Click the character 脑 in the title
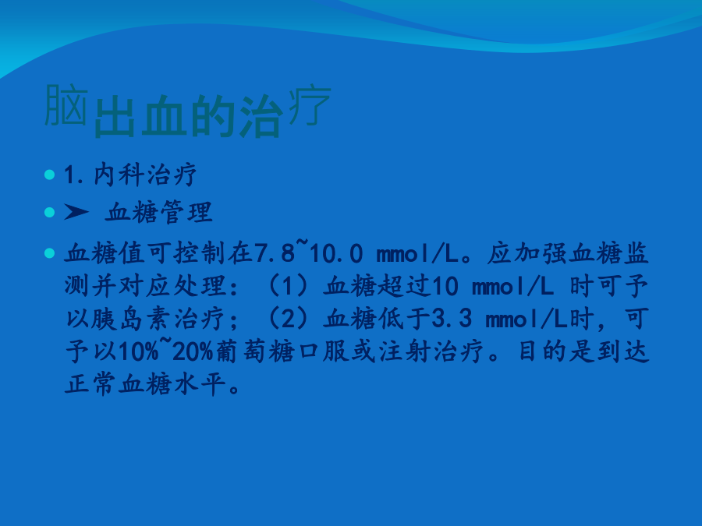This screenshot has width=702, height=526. pyautogui.click(x=66, y=105)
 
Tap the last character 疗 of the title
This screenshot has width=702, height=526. pyautogui.click(x=310, y=106)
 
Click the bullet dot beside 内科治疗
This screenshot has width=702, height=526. pyautogui.click(x=50, y=175)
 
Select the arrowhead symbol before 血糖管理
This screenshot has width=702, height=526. pyautogui.click(x=76, y=211)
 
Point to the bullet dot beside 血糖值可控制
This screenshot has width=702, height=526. pyautogui.click(x=50, y=253)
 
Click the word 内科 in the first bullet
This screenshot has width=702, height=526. pyautogui.click(x=119, y=174)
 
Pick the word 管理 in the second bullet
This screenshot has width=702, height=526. pyautogui.click(x=186, y=212)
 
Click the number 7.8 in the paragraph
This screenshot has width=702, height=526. pyautogui.click(x=275, y=253)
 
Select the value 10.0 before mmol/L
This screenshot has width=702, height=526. pyautogui.click(x=335, y=253)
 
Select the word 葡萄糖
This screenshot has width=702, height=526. pyautogui.click(x=255, y=351)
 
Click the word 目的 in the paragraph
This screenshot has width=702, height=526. pyautogui.click(x=542, y=351)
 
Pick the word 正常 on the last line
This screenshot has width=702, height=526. pyautogui.click(x=91, y=383)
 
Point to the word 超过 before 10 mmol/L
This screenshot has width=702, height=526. pyautogui.click(x=404, y=286)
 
